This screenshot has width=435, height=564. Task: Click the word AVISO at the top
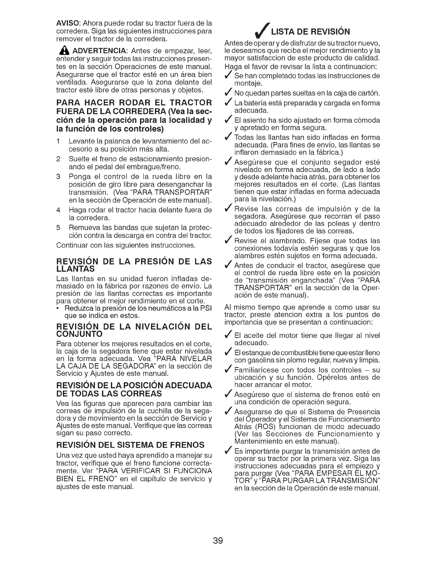[65, 23]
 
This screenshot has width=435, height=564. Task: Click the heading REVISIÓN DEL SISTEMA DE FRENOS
[130, 444]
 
